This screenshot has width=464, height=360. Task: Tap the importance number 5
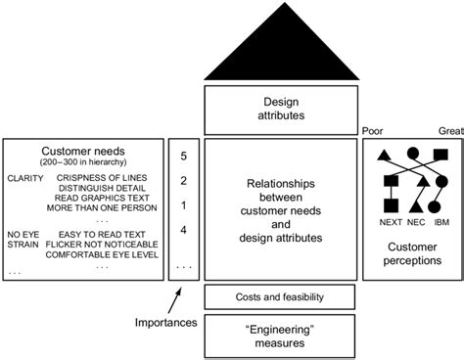coord(184,155)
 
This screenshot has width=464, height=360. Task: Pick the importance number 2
coord(184,181)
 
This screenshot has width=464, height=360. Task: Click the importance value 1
coord(184,205)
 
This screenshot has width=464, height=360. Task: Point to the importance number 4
coord(184,231)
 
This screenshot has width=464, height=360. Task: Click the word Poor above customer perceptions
coord(372,129)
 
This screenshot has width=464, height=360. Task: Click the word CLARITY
coord(24,178)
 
